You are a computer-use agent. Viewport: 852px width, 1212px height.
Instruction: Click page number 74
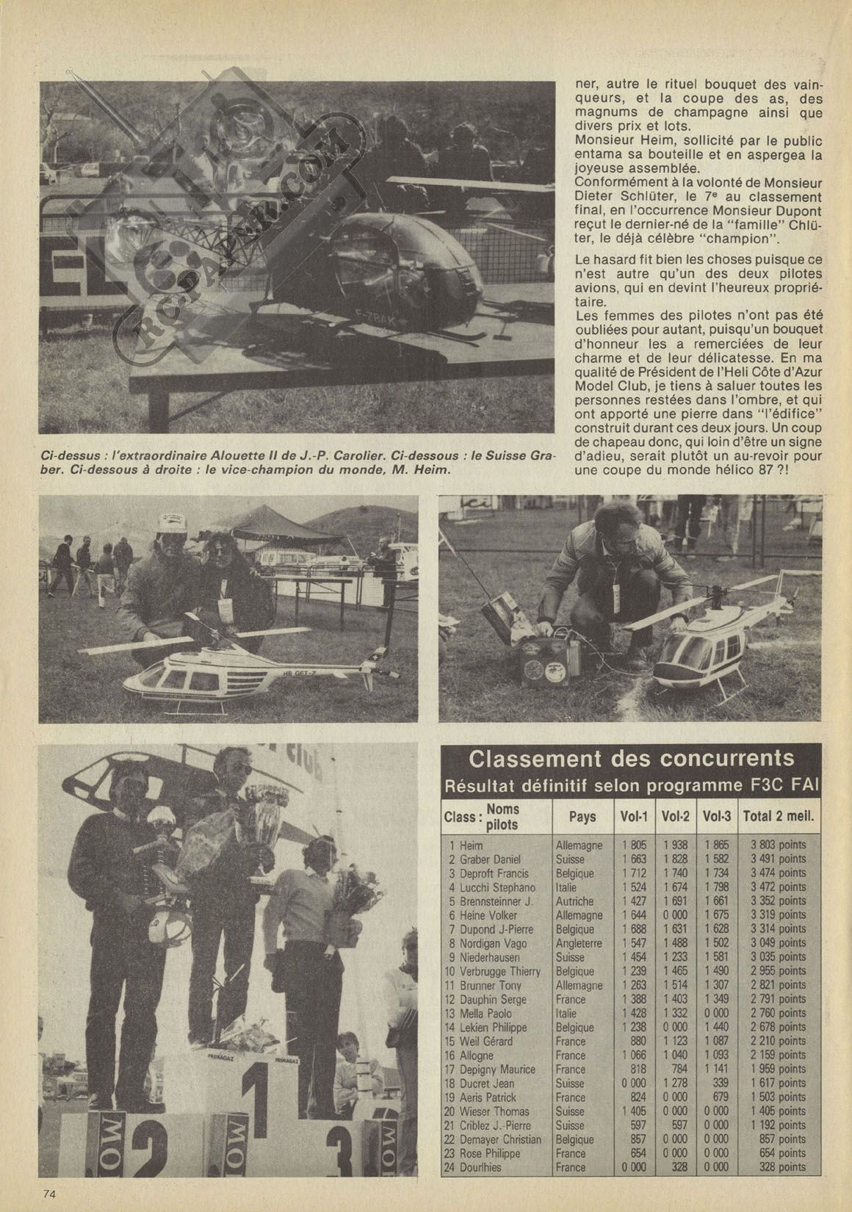pos(49,1193)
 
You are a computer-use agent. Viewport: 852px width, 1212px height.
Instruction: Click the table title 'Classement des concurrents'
pos(631,759)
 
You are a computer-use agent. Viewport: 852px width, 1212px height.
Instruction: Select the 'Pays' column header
pos(582,816)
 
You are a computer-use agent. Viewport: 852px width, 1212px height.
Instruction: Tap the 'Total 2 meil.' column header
pos(778,816)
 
